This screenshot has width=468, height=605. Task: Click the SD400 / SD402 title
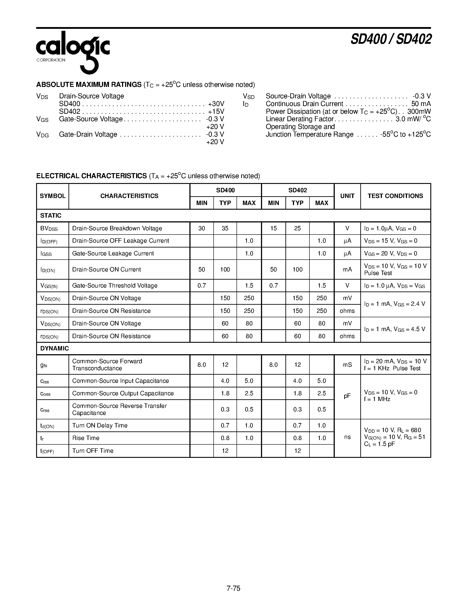coord(391,39)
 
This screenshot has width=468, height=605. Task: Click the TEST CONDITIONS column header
coord(395,196)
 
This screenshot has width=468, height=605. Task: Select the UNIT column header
coord(347,196)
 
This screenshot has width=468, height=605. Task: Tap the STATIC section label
coord(51,216)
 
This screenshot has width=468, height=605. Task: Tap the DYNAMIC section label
coord(54,348)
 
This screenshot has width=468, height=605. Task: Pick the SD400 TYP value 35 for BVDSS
coord(225,228)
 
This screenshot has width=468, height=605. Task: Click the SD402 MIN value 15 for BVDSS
coord(273,228)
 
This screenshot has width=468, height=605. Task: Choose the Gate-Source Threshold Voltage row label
coord(115,286)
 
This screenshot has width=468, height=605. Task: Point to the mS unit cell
coord(347,365)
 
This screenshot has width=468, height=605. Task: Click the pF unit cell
coord(347,396)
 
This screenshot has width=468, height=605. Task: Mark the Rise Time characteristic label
coord(86,438)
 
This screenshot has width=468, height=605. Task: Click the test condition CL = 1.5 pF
coord(379,444)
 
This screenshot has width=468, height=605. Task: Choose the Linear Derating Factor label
coord(300,119)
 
